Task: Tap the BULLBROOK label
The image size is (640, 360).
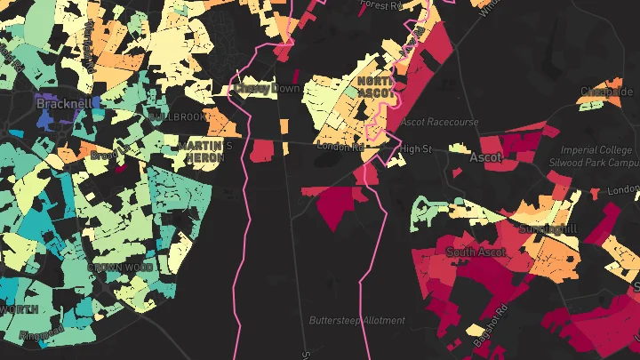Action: (177, 116)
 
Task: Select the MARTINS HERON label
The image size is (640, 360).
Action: (204, 151)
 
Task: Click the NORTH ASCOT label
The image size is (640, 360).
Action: (376, 86)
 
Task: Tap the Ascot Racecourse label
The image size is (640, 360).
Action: (439, 121)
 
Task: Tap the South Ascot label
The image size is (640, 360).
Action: (476, 252)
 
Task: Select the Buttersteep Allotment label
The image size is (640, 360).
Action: (356, 320)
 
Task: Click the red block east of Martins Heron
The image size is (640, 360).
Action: (261, 150)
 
